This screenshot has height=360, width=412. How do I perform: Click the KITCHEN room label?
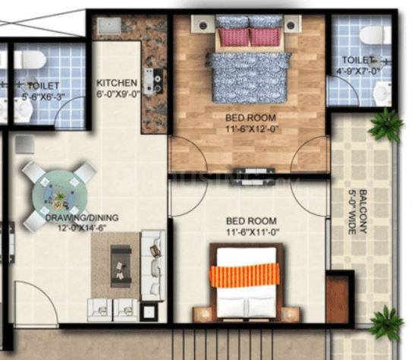pyautogui.click(x=117, y=83)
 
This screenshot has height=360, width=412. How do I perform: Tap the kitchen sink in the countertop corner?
pyautogui.click(x=109, y=26)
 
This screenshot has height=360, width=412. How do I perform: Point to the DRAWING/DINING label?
pyautogui.click(x=82, y=218)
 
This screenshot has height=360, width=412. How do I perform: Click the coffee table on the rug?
pyautogui.click(x=121, y=266)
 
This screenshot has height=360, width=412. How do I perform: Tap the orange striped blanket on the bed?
pyautogui.click(x=244, y=275)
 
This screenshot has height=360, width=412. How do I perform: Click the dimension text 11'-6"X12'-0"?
pyautogui.click(x=251, y=129)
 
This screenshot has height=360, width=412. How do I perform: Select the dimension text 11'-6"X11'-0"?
pyautogui.click(x=253, y=232)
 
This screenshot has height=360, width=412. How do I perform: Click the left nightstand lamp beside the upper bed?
pyautogui.click(x=203, y=25)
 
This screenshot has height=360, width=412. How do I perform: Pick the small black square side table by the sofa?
pyautogui.click(x=149, y=312)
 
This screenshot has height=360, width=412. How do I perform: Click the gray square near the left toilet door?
pyautogui.click(x=25, y=144)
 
